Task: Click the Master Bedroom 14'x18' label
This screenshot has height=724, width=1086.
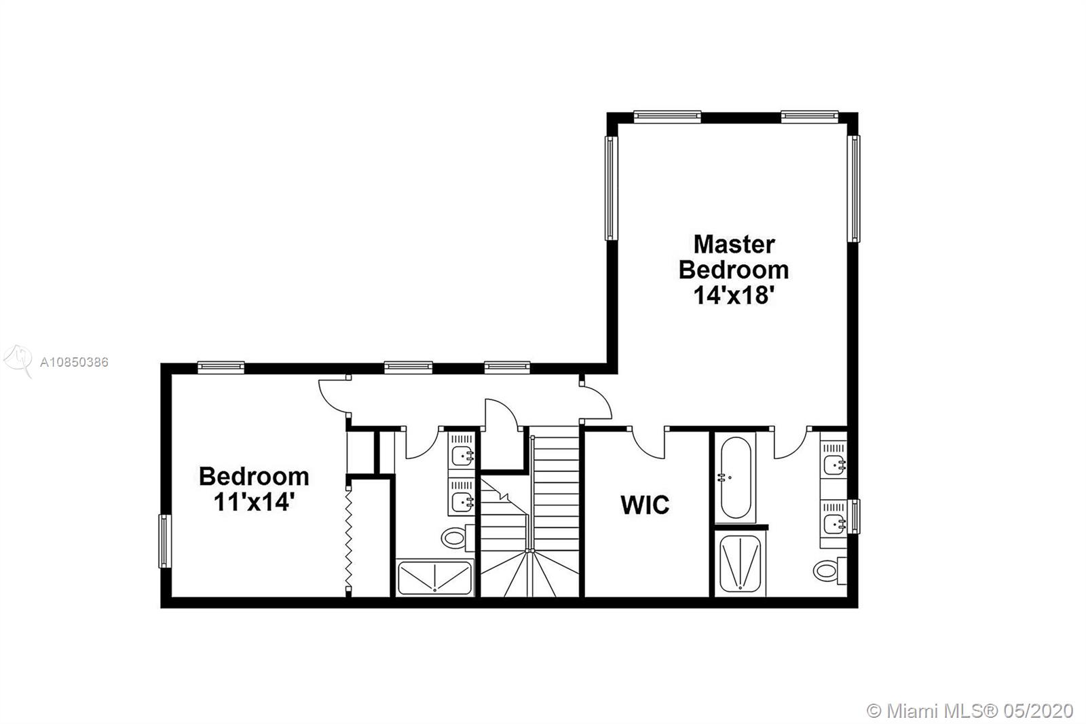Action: tap(734, 270)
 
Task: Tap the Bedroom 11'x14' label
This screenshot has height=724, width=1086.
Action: tap(254, 488)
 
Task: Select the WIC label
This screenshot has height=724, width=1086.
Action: tap(645, 505)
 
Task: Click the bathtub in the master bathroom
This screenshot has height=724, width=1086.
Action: tap(736, 477)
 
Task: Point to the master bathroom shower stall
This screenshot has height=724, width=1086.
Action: tap(741, 564)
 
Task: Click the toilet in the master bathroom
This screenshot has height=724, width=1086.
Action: tap(829, 570)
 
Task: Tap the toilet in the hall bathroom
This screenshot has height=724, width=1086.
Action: tap(457, 538)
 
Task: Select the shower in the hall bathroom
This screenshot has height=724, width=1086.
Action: tap(435, 577)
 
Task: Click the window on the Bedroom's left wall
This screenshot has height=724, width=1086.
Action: tap(165, 541)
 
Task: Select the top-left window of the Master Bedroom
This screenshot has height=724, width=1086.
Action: tap(667, 116)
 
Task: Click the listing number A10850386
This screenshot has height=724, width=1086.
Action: tap(74, 363)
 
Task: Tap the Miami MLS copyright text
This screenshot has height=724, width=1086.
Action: tap(970, 711)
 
